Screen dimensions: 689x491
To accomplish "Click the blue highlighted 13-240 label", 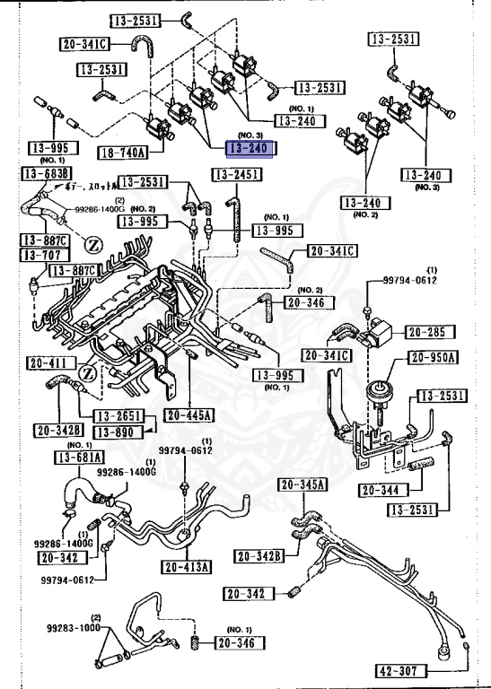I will pyautogui.click(x=251, y=148).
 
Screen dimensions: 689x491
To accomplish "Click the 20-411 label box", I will pyautogui.click(x=48, y=362).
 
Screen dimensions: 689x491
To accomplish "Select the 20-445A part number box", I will pyautogui.click(x=189, y=415).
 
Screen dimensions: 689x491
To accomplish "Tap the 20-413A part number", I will pyautogui.click(x=187, y=566).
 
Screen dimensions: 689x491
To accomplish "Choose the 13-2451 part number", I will pyautogui.click(x=237, y=174).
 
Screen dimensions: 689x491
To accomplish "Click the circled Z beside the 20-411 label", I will pyautogui.click(x=88, y=372).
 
